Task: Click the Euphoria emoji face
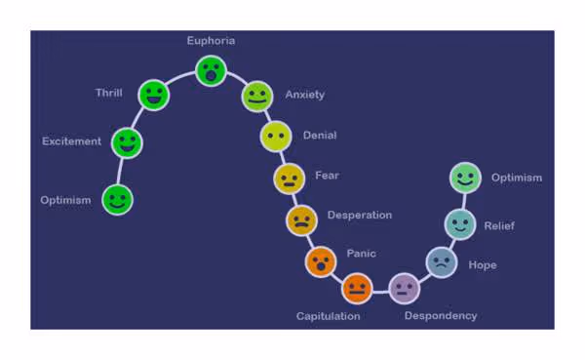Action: click(211, 70)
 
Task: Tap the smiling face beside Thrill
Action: click(153, 95)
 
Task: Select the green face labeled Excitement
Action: click(126, 143)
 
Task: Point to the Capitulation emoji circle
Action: click(357, 288)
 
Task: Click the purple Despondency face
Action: click(404, 288)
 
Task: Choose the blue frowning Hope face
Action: click(441, 261)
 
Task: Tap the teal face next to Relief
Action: click(459, 223)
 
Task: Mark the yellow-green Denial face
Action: click(276, 136)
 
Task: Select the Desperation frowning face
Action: click(301, 220)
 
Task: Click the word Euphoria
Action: click(211, 41)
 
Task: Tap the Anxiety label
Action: click(305, 95)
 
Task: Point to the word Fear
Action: click(327, 176)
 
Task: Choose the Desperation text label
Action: click(360, 215)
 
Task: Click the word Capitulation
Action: click(329, 316)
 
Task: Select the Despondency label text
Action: click(441, 316)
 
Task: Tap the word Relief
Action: click(499, 226)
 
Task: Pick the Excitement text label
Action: click(71, 141)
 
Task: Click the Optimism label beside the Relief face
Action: click(517, 178)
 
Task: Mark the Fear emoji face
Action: click(290, 179)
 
